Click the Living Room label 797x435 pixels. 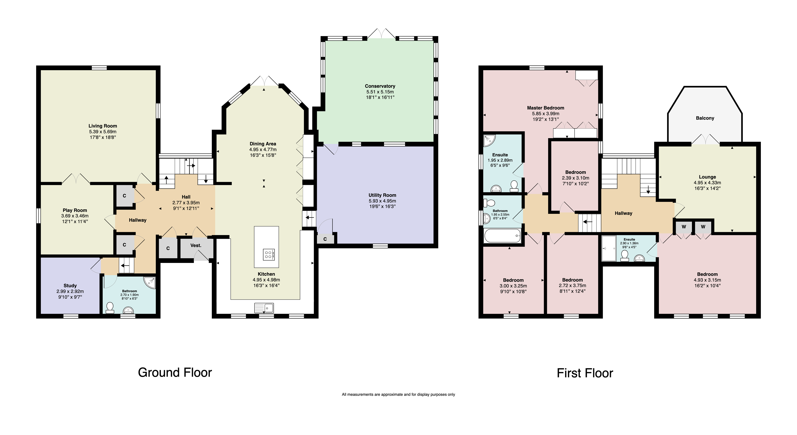pyautogui.click(x=103, y=126)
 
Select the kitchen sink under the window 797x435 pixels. pyautogui.click(x=264, y=308)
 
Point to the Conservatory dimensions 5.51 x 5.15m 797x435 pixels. pyautogui.click(x=380, y=92)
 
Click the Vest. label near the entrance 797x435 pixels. pyautogui.click(x=196, y=245)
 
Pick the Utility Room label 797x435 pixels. pyautogui.click(x=382, y=195)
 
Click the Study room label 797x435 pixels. pyautogui.click(x=70, y=286)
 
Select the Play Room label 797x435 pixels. pyautogui.click(x=75, y=210)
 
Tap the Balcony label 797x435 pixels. pyautogui.click(x=705, y=118)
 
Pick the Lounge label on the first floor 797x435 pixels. pyautogui.click(x=707, y=177)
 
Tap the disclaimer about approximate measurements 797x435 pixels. pyautogui.click(x=398, y=395)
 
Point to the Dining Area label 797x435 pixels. pyautogui.click(x=263, y=144)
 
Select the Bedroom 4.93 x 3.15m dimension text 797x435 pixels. pyautogui.click(x=707, y=280)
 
